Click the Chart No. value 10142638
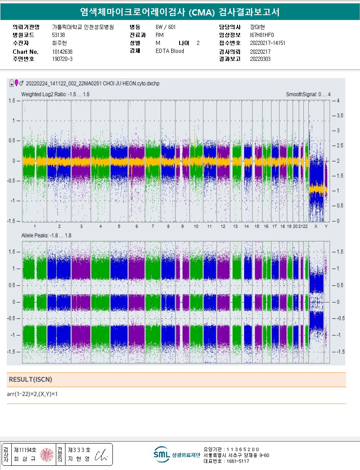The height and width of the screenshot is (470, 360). tap(62, 52)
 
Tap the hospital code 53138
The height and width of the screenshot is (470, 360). tap(58, 35)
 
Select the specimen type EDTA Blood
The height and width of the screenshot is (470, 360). tap(170, 51)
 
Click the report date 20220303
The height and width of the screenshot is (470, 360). tap(260, 59)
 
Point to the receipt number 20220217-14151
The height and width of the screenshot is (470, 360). tap(267, 43)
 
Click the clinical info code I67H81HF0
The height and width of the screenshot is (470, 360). tap(262, 35)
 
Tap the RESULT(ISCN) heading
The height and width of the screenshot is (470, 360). tap(30, 380)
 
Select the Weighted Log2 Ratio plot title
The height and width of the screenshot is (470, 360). tap(55, 95)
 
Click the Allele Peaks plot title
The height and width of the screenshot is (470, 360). tap(46, 236)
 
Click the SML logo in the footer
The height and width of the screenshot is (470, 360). tap(161, 454)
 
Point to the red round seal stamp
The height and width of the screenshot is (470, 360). tap(47, 454)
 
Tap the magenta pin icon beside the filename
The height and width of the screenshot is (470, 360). tap(17, 83)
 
